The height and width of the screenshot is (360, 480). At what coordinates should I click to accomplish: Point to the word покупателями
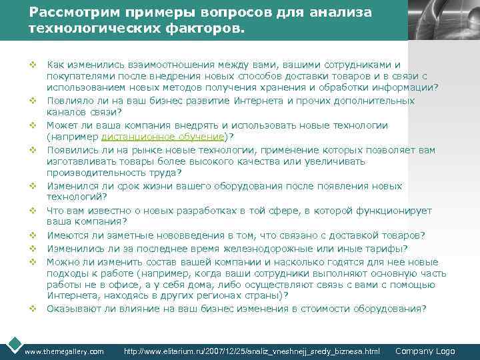click(x=78, y=77)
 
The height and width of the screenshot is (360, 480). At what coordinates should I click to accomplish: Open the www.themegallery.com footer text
click(x=64, y=351)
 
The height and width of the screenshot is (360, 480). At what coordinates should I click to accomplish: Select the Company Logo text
click(x=425, y=351)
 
